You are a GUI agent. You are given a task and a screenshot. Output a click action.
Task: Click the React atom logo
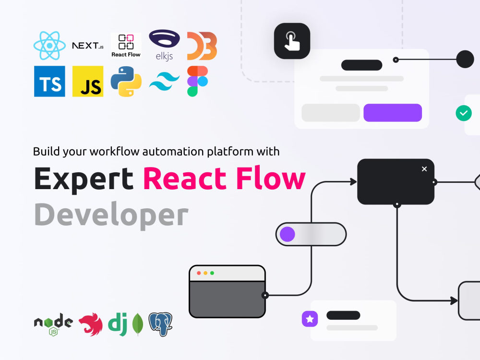point(49,46)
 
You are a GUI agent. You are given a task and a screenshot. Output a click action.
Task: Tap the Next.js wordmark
point(88,46)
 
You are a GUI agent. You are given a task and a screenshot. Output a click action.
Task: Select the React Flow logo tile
point(126,46)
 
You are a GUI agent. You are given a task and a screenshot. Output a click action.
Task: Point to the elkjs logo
point(164,45)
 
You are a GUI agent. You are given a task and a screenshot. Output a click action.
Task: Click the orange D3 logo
point(202,46)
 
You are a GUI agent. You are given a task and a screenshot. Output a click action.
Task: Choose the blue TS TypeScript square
point(49,82)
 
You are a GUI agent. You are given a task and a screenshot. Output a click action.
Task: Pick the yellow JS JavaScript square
point(88,82)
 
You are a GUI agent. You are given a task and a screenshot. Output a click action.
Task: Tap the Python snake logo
point(126,82)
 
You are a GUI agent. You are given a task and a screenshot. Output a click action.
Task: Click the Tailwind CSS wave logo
point(164,81)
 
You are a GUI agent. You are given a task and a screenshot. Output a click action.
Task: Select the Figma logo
point(197,81)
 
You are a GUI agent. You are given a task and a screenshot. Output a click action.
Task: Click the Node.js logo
point(54,324)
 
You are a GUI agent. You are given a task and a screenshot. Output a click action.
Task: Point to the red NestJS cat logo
point(91,324)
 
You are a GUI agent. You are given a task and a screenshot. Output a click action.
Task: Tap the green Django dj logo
point(118,324)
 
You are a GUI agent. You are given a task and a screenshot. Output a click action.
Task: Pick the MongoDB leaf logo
point(138,324)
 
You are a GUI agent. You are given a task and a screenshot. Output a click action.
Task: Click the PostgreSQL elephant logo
point(160,324)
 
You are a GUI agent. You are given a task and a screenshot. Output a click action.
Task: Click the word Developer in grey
point(111,215)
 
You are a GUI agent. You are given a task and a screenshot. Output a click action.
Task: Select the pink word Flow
point(271,178)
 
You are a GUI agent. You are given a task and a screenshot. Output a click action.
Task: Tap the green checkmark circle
point(464,113)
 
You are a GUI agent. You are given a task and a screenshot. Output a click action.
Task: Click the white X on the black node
point(424,169)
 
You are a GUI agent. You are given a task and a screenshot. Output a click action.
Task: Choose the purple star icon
point(310,319)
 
